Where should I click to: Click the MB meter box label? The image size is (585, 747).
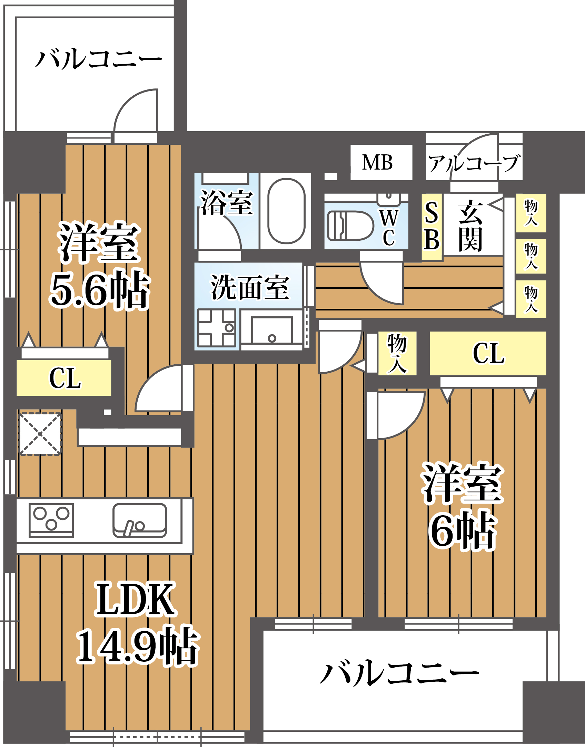click(378, 162)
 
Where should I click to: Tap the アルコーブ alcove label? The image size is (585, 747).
click(474, 163)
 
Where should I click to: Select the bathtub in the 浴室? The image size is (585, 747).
click(286, 211)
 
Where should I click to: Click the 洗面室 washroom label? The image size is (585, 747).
click(250, 287)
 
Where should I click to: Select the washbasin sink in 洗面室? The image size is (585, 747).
click(272, 330)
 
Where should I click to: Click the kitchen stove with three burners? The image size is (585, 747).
click(51, 520)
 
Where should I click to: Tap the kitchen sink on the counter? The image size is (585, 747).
click(140, 520)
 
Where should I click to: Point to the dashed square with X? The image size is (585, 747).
click(40, 434)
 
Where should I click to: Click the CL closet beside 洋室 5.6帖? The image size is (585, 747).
click(65, 378)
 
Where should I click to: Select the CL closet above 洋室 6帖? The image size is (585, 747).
click(488, 353)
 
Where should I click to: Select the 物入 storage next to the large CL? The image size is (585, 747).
click(397, 353)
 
